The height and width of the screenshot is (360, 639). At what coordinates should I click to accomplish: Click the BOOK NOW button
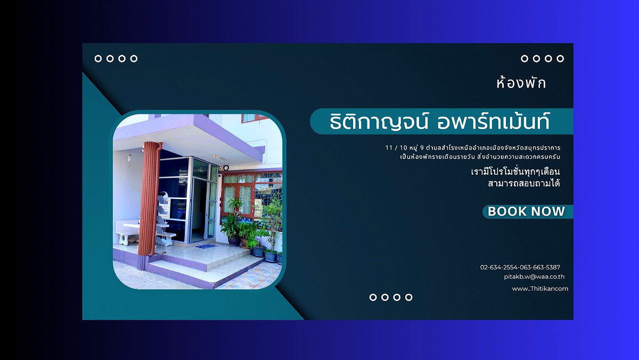pos(528,211)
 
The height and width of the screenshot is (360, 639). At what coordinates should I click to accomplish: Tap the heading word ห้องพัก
pos(521,83)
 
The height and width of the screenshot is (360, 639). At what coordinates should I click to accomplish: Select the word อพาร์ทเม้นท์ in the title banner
pos(493,121)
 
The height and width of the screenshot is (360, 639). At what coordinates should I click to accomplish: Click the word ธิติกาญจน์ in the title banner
pos(379,122)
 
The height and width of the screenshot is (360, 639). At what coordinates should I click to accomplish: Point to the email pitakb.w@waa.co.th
pos(534,277)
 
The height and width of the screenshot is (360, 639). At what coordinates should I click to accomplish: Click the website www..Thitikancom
pos(540,289)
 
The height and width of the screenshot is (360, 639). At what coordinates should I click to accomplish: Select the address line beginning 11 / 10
pos(473,148)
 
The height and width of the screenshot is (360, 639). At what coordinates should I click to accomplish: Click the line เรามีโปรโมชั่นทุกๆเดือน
pos(515,171)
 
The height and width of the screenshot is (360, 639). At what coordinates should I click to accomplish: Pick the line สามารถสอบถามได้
pos(524,183)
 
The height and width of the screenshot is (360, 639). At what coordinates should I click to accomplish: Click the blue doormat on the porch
pos(206,246)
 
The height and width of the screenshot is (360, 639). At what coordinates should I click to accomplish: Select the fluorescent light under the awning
pos(219,157)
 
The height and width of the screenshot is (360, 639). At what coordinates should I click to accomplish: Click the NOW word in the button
pos(548,211)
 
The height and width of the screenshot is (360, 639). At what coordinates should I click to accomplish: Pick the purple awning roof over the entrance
pos(189,136)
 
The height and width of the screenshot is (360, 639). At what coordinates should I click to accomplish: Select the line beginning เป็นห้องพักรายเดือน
pos(480,157)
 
